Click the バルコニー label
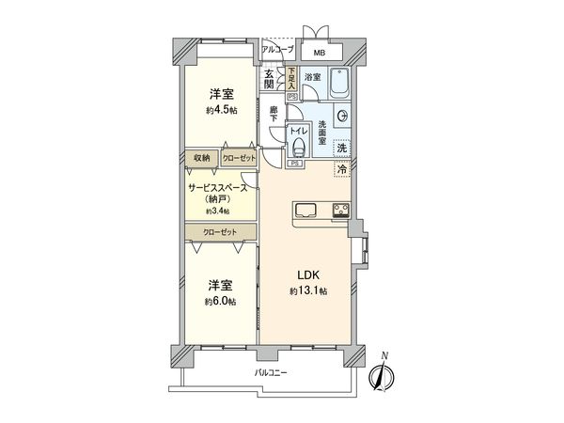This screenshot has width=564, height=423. tap(270, 374)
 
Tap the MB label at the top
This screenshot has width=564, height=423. tap(320, 54)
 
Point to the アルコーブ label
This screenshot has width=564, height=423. tap(277, 49)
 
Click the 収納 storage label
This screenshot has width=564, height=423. tap(201, 159)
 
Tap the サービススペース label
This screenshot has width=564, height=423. tap(218, 188)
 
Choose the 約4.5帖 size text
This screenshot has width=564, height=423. tap(223, 111)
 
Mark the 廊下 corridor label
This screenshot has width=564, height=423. tap(273, 113)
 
